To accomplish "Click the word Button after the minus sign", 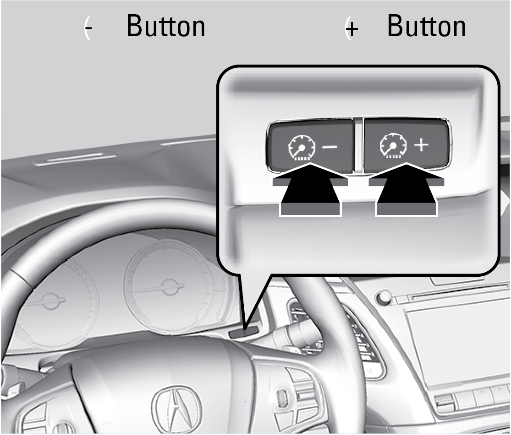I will point(165,27).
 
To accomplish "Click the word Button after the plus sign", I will point(426,27).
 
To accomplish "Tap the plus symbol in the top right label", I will point(352,29).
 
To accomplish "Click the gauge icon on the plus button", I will point(392,146).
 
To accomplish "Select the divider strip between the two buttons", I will point(358,145).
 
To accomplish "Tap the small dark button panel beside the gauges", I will point(243,333).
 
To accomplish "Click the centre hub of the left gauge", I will point(47,300).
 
